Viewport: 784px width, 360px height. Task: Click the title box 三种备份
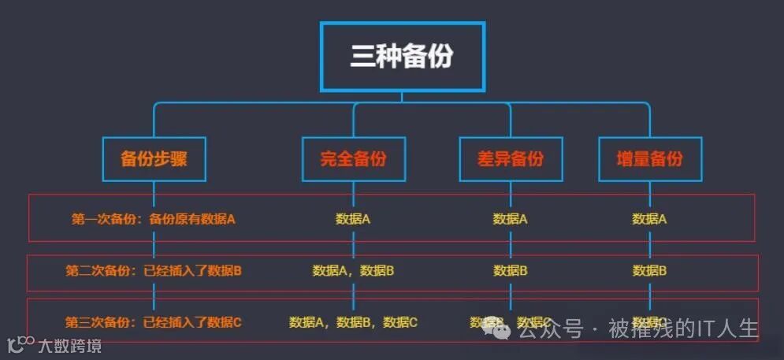(402, 57)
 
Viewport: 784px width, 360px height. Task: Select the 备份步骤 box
(154, 159)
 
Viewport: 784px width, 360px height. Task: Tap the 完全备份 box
(353, 159)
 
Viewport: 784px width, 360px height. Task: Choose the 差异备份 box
(511, 159)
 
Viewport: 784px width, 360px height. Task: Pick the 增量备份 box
(650, 159)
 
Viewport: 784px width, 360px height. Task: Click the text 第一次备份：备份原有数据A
(154, 219)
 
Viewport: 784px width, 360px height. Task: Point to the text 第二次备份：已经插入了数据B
(154, 271)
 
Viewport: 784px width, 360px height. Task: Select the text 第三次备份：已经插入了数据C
(154, 322)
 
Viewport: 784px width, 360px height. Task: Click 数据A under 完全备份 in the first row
(353, 219)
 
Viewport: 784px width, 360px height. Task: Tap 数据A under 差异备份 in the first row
(511, 219)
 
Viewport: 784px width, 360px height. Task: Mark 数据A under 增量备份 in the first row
(650, 219)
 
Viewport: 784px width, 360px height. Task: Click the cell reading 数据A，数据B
(353, 271)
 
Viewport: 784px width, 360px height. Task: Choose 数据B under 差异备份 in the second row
(511, 271)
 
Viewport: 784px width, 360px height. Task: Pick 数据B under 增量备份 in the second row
(650, 271)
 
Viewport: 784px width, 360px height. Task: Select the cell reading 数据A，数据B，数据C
(353, 322)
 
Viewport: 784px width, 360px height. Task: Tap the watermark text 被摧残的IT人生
(682, 328)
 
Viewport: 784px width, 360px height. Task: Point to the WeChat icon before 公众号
(498, 330)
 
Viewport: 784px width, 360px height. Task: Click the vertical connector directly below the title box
(402, 96)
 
